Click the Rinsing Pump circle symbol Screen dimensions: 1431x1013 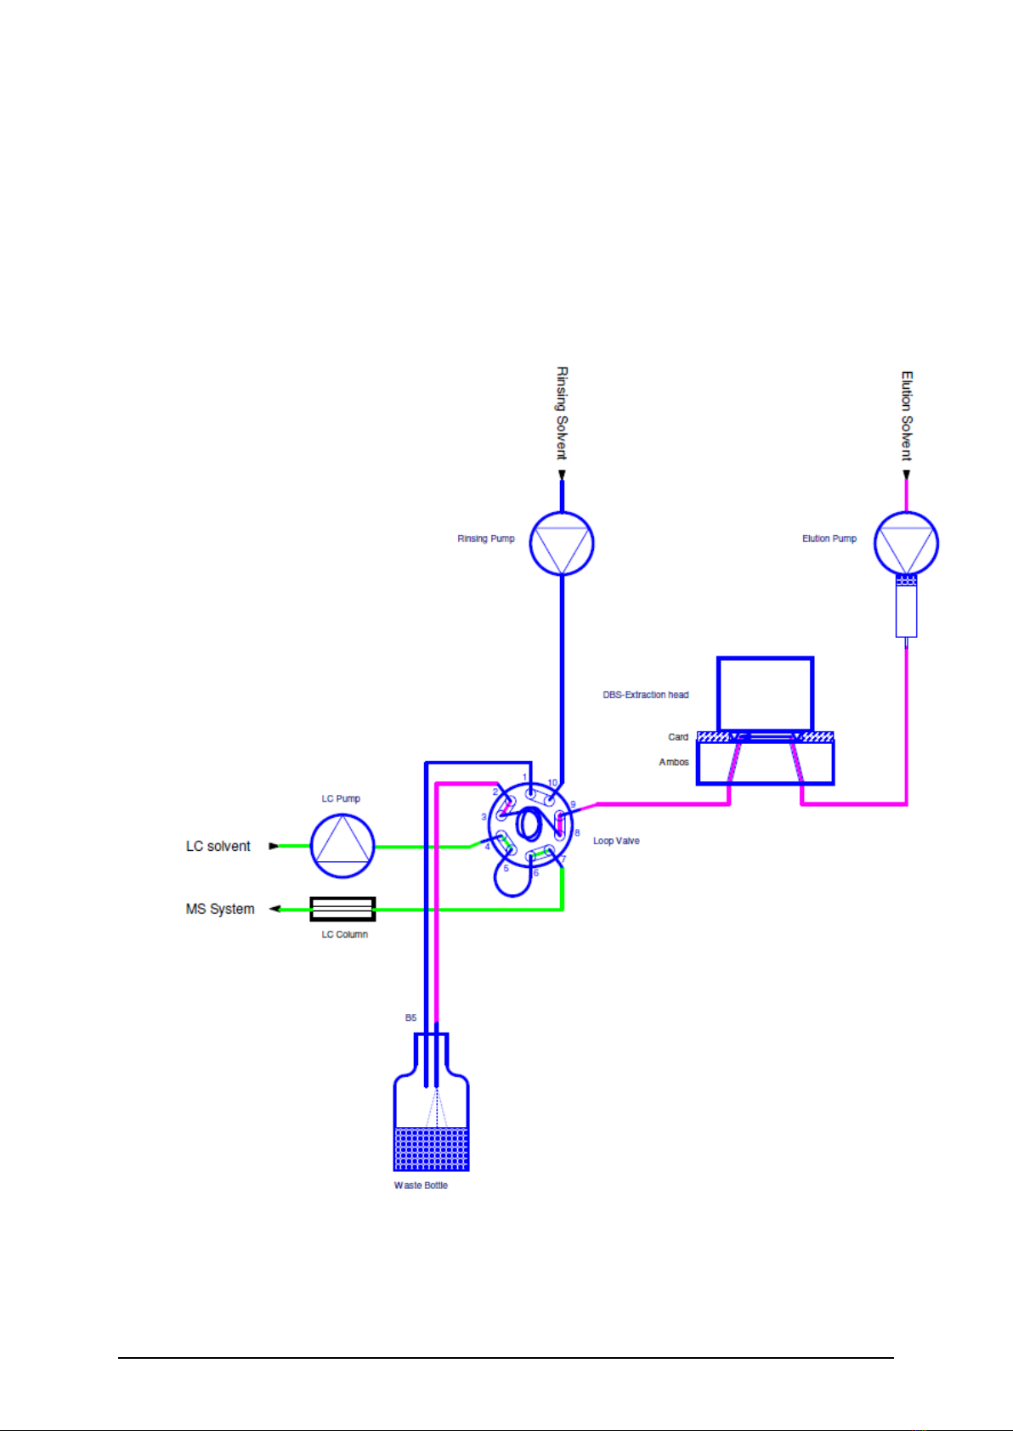(x=562, y=544)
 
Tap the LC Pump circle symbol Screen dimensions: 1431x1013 (x=342, y=846)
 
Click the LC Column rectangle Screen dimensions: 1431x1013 (x=342, y=909)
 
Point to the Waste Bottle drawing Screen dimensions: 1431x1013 (x=432, y=1113)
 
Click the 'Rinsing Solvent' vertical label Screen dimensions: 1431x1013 (x=562, y=413)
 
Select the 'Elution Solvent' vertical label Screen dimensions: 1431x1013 (x=907, y=415)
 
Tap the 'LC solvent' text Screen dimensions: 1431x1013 (x=218, y=847)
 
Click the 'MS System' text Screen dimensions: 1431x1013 (x=220, y=909)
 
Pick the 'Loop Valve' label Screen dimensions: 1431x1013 (x=616, y=841)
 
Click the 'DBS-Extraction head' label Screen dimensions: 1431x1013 (x=646, y=695)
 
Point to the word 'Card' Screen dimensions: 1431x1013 (x=678, y=737)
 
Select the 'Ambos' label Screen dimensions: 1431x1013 (x=674, y=762)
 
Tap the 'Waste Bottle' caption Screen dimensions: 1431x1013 (x=421, y=1186)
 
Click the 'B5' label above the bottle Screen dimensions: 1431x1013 (x=410, y=1017)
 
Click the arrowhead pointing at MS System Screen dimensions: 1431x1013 (x=274, y=909)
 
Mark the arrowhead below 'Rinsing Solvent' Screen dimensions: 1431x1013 (x=562, y=475)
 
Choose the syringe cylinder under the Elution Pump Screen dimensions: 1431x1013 (x=906, y=610)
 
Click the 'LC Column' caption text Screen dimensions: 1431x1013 (x=344, y=934)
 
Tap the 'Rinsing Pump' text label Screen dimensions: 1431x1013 (x=486, y=538)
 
